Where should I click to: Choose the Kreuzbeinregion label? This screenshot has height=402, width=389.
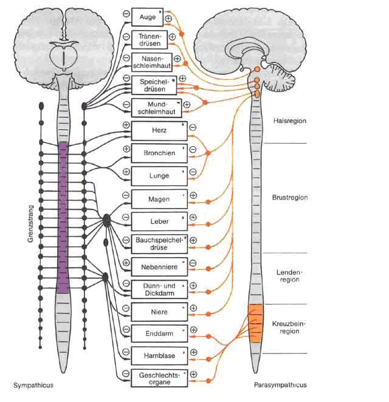coord(290,327)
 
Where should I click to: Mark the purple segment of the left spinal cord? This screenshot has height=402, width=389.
coord(63,218)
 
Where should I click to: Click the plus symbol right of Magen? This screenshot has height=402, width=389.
coord(193,195)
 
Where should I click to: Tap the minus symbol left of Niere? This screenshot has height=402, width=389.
coord(125,308)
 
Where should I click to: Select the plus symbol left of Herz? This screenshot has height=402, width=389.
coord(126,126)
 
